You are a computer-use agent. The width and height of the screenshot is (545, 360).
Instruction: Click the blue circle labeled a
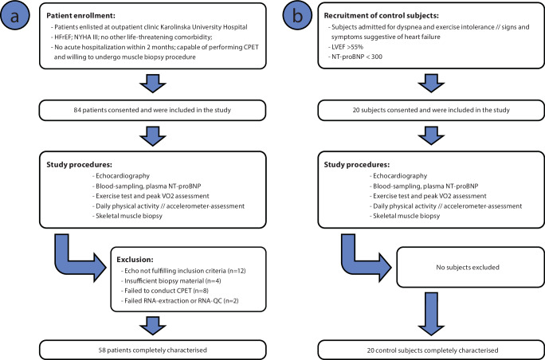point(14,16)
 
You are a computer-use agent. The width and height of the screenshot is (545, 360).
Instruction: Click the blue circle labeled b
point(298,16)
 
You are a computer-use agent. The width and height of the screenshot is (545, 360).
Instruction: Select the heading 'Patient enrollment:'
point(74,16)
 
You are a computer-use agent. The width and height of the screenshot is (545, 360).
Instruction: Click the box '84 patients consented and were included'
point(153,111)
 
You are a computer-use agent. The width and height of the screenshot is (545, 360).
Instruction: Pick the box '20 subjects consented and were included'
point(431,111)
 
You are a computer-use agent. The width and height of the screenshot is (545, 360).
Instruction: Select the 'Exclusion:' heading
point(132,259)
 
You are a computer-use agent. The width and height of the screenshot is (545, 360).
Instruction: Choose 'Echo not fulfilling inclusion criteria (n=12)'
point(183,270)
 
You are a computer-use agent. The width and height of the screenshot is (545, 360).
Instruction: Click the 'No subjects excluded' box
point(471,268)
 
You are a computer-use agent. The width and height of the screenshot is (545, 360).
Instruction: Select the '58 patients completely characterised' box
point(153,350)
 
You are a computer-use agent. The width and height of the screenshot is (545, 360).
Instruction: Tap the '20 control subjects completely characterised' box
point(431,350)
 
